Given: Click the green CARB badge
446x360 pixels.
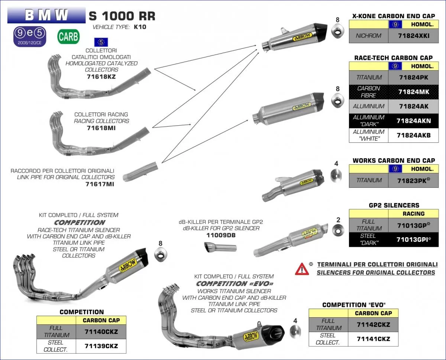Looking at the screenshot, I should click(68, 36).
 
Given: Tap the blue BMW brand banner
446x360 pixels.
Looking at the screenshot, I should click(46, 15).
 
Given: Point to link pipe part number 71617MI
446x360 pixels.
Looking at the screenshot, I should click(100, 184).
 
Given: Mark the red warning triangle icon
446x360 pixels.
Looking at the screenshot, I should click(302, 269).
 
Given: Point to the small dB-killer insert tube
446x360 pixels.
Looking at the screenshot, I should click(220, 247).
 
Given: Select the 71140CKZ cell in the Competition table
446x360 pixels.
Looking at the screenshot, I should click(101, 332).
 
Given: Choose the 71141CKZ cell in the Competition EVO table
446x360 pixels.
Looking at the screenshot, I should click(373, 339).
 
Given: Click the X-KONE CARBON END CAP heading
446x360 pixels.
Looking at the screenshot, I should click(393, 16).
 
